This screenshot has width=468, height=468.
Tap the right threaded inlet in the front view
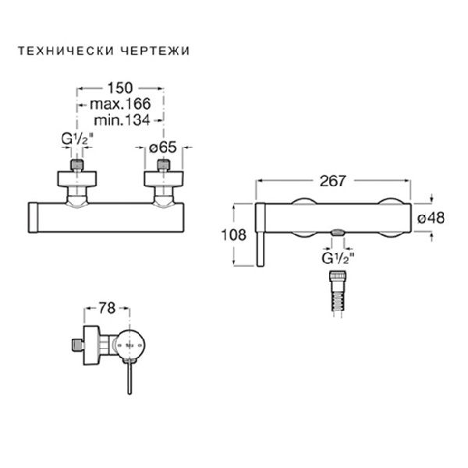(164, 166)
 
